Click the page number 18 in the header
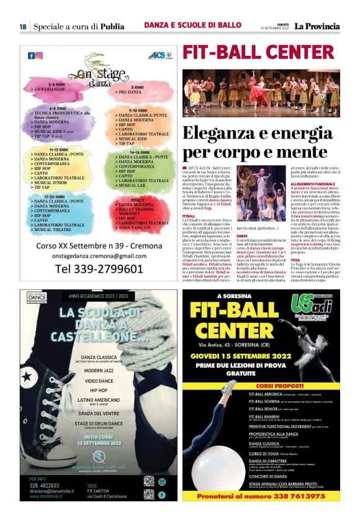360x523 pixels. (x=22, y=27)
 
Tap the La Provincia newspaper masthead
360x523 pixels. (x=317, y=27)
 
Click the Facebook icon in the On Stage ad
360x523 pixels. (x=30, y=55)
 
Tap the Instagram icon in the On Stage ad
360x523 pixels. (x=38, y=55)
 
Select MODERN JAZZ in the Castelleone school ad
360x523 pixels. (x=98, y=368)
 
